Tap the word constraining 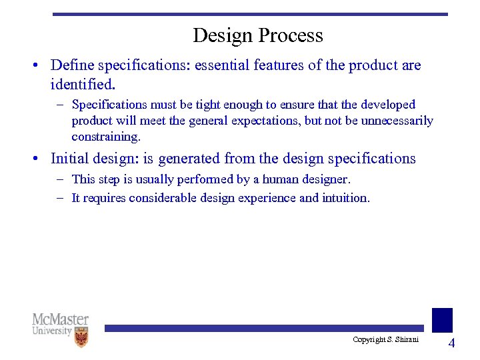(x=106, y=137)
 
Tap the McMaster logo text (x=60, y=319)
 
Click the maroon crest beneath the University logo (x=81, y=337)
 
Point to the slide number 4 (x=451, y=343)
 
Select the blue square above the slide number (x=442, y=320)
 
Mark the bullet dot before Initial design (x=37, y=159)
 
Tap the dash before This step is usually (x=61, y=179)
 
